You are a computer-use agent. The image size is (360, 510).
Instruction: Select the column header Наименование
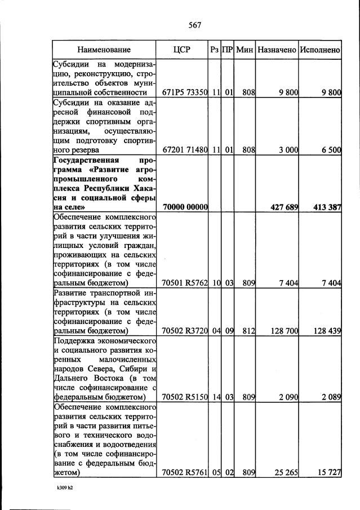click(104, 50)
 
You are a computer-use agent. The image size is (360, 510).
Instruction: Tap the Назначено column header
click(277, 50)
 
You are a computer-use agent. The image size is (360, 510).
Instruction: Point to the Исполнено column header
click(320, 50)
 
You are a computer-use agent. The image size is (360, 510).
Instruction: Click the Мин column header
click(245, 50)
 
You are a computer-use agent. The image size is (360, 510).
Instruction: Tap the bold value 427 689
click(285, 208)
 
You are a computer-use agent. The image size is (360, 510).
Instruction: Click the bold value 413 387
click(327, 208)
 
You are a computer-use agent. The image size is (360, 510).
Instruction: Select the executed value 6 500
click(331, 150)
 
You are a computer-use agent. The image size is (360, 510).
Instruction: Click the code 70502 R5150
click(185, 397)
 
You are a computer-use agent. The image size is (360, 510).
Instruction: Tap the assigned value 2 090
click(287, 397)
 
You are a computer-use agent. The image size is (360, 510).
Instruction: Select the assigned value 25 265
click(285, 472)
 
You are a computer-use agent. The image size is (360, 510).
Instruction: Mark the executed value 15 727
click(329, 472)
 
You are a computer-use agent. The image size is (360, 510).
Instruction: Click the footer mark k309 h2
click(65, 488)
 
